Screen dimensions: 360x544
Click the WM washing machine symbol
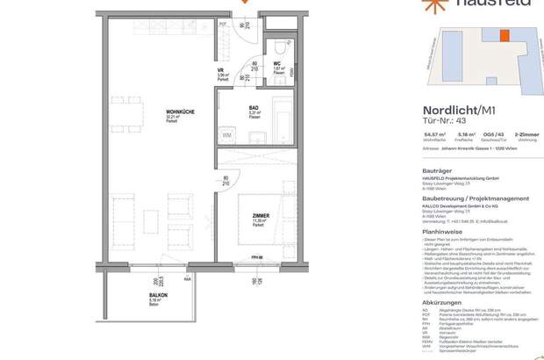click(226, 135)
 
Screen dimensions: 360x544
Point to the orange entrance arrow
click(244, 2)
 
